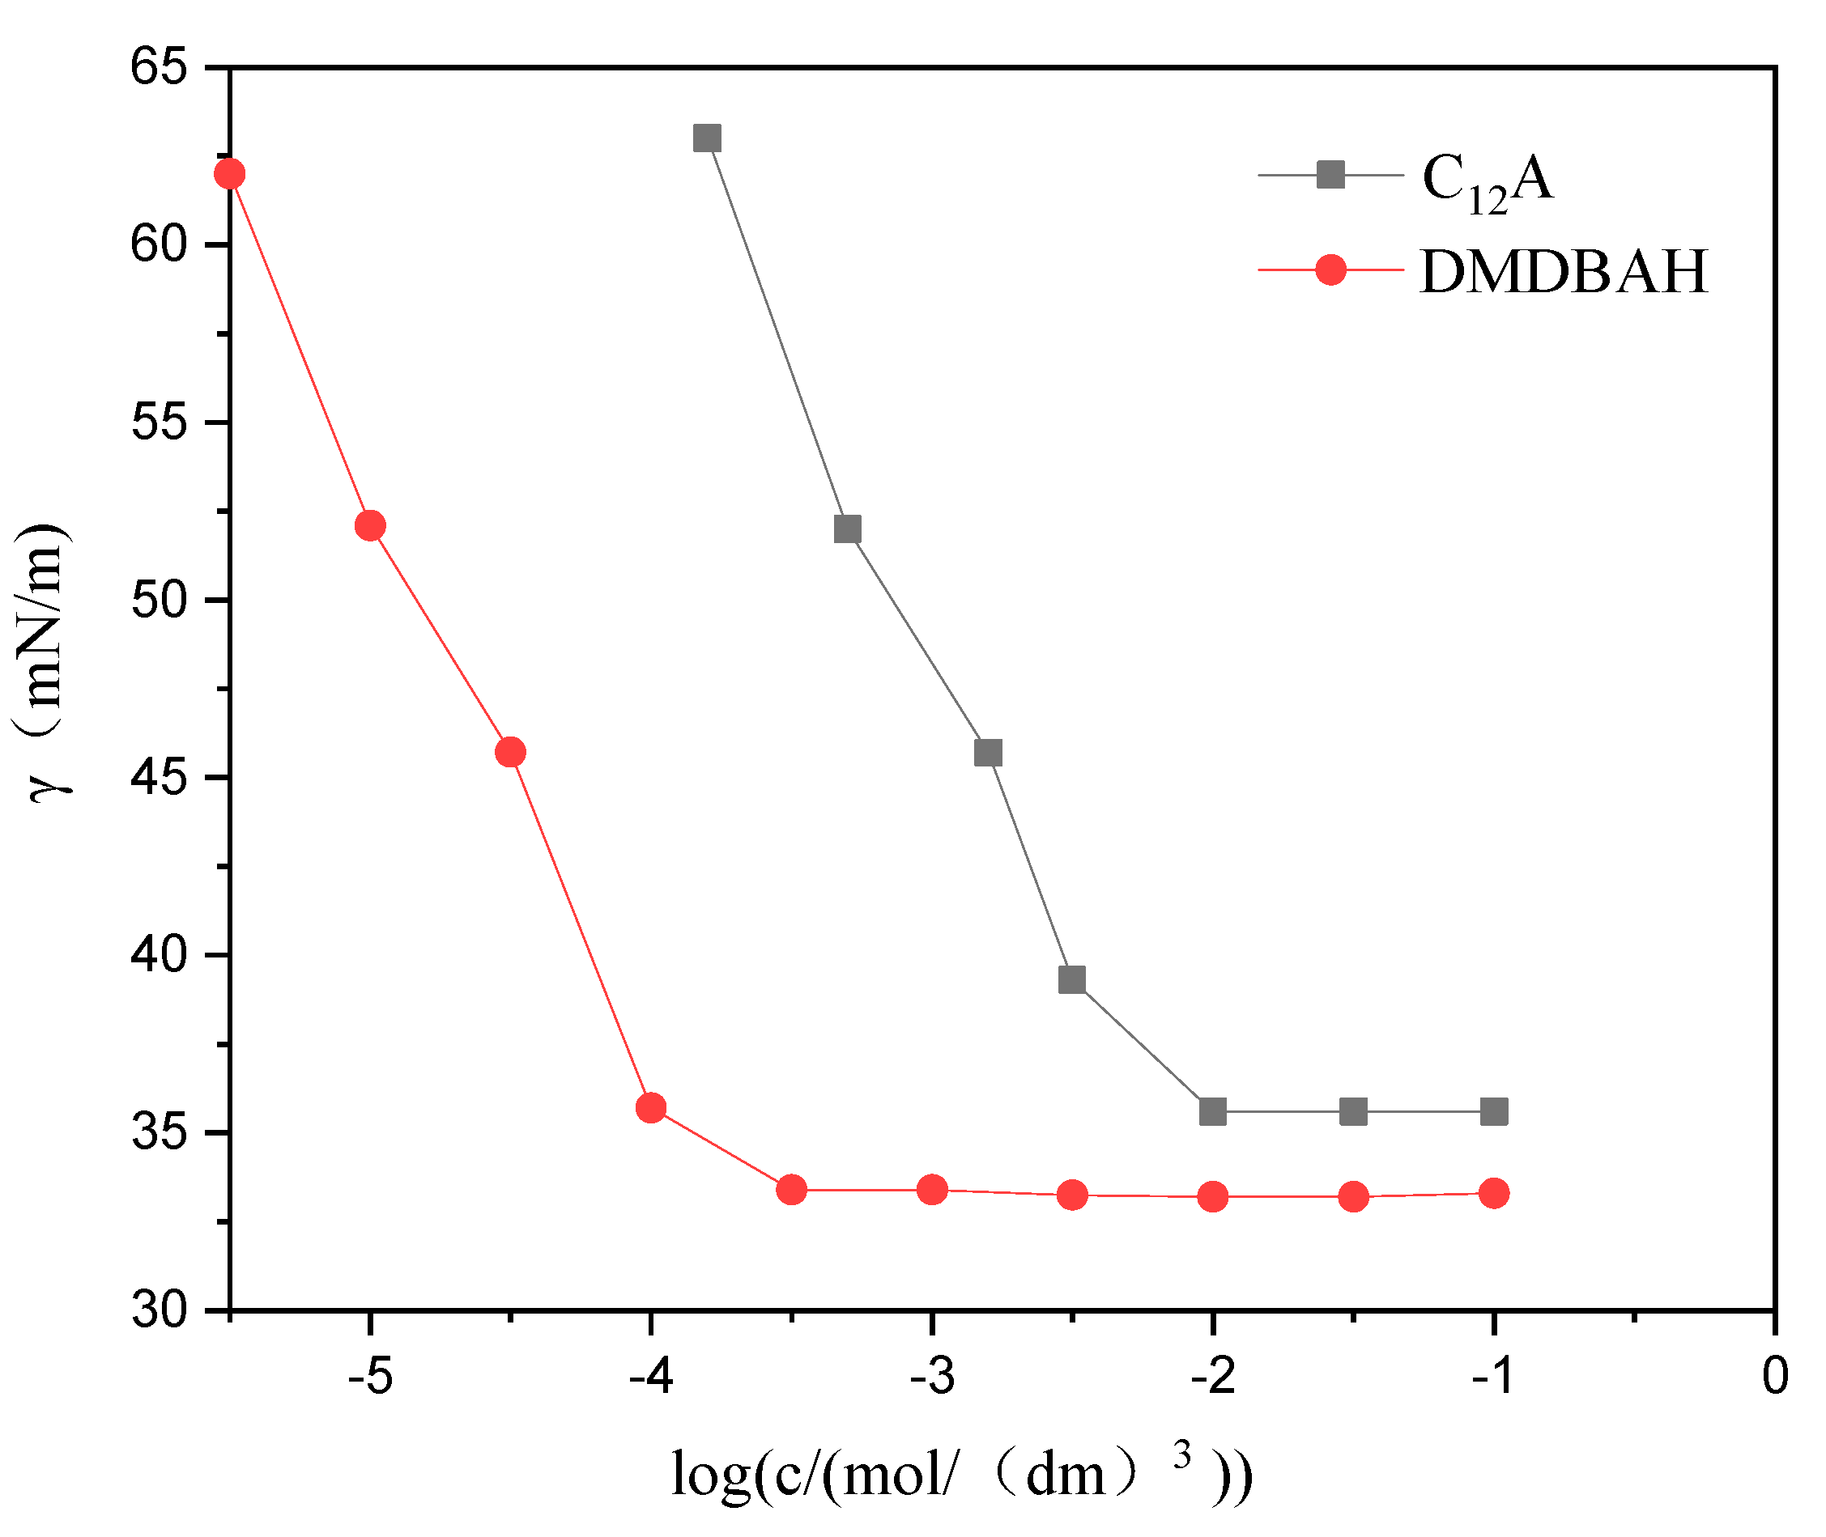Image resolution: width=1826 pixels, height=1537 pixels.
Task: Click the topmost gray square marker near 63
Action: click(707, 138)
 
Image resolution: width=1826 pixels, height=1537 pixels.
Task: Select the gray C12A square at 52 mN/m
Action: click(847, 529)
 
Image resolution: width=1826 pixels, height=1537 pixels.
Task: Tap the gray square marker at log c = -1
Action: click(1494, 1112)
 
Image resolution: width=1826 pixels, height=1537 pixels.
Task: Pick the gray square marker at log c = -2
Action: click(1212, 1112)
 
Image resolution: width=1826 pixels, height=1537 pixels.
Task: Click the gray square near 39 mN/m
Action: click(1072, 980)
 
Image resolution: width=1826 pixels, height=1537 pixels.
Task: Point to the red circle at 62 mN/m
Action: click(229, 174)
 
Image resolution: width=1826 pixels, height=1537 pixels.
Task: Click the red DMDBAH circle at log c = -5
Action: click(370, 525)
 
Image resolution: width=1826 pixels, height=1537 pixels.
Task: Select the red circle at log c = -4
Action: click(651, 1108)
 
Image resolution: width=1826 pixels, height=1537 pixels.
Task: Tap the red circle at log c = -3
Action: click(933, 1189)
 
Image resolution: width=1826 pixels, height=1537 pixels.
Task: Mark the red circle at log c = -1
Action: click(1494, 1193)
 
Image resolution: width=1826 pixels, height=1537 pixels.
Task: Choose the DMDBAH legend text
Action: click(1564, 273)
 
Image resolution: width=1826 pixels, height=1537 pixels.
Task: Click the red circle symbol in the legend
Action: click(1330, 270)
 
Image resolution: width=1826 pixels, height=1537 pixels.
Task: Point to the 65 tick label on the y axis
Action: click(159, 67)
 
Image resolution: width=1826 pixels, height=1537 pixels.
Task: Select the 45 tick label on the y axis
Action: click(159, 777)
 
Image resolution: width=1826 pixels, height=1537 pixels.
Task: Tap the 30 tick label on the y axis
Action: click(159, 1310)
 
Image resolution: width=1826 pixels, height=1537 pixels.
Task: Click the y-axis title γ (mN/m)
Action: click(44, 662)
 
